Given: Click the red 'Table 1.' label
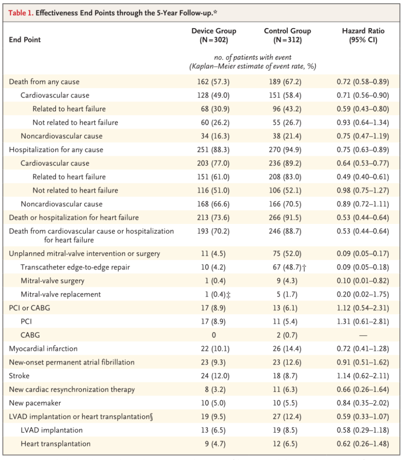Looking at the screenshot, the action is pyautogui.click(x=21, y=13).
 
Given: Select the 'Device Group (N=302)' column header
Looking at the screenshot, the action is pyautogui.click(x=214, y=35).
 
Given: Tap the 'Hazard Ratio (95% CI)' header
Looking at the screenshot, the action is pyautogui.click(x=363, y=35).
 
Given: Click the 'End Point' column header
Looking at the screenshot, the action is pyautogui.click(x=25, y=40).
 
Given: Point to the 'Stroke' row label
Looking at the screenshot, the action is pyautogui.click(x=19, y=376).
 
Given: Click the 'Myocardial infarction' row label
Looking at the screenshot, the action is pyautogui.click(x=43, y=348).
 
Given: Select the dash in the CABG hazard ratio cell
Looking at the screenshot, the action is pyautogui.click(x=363, y=335).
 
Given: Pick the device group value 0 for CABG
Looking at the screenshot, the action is pyautogui.click(x=214, y=335).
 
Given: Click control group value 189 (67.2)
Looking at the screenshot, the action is pyautogui.click(x=285, y=82).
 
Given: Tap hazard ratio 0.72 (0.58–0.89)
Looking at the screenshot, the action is pyautogui.click(x=363, y=82).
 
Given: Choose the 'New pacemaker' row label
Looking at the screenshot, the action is pyautogui.click(x=35, y=403).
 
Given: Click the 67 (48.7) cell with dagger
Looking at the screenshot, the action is pyautogui.click(x=289, y=267).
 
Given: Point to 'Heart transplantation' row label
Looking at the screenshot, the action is pyautogui.click(x=56, y=444).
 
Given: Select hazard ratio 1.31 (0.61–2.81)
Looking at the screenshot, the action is pyautogui.click(x=363, y=322).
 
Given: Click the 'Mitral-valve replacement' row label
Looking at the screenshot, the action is pyautogui.click(x=61, y=294).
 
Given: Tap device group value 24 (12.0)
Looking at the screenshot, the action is pyautogui.click(x=215, y=376).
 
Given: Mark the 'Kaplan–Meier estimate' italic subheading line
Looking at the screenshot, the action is pyautogui.click(x=253, y=66).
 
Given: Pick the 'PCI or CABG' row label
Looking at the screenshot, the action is pyautogui.click(x=30, y=308).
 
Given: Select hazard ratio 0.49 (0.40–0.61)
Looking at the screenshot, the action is pyautogui.click(x=363, y=177).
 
